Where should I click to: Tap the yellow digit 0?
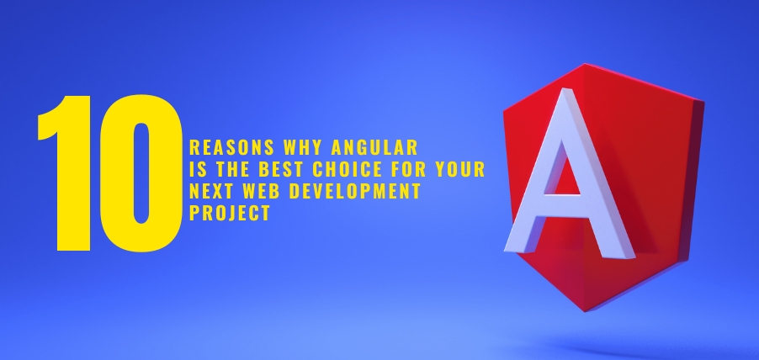[139, 172]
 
